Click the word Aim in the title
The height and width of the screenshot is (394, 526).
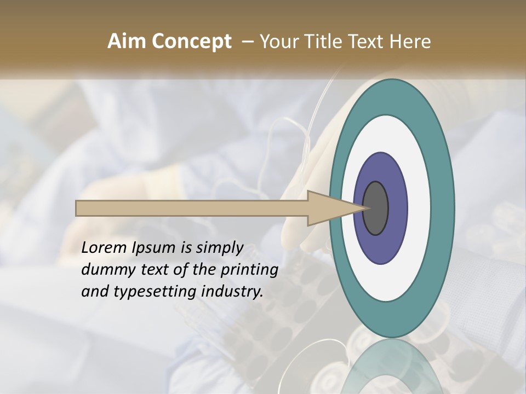tap(127, 42)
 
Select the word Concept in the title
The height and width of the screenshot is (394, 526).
tap(191, 42)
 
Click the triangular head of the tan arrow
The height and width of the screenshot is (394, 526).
tap(334, 208)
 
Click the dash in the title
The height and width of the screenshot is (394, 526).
tap(247, 42)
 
